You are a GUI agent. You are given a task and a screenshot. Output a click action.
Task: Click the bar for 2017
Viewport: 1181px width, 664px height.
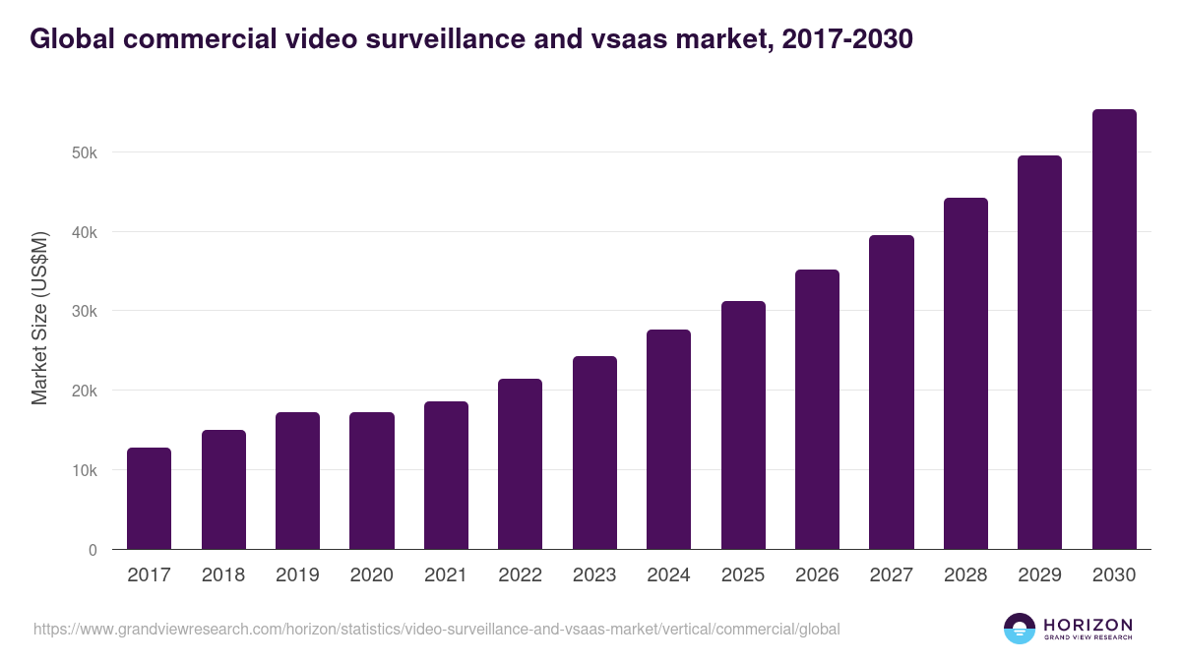tap(149, 499)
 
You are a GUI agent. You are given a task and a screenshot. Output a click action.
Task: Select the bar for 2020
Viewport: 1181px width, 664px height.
tap(371, 481)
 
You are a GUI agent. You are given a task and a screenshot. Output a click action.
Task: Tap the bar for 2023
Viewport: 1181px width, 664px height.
tap(594, 453)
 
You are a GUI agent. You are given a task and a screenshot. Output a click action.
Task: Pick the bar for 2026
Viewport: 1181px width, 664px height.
tap(817, 409)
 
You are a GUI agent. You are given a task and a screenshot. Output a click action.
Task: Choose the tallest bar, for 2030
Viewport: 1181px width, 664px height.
tap(1114, 330)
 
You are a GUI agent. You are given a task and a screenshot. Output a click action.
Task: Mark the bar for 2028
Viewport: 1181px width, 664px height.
tap(965, 374)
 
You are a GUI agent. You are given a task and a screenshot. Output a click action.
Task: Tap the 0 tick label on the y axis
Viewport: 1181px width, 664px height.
tap(93, 550)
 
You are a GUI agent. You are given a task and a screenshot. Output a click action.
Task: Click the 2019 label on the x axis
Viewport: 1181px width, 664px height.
tap(297, 575)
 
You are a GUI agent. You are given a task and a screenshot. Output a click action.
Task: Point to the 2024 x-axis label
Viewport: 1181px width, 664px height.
tap(668, 575)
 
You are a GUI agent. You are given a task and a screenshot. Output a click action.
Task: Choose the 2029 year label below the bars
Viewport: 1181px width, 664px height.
tap(1039, 575)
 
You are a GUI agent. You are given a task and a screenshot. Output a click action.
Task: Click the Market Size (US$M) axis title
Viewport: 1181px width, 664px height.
tap(39, 319)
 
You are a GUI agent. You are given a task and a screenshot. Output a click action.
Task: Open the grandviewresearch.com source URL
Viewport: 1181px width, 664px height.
tap(436, 629)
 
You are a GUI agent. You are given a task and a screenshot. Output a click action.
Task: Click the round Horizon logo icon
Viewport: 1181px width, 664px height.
tap(1020, 629)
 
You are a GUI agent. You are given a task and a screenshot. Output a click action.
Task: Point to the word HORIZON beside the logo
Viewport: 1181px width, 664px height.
tap(1088, 624)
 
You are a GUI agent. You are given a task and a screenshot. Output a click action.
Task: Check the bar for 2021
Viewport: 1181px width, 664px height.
tap(446, 475)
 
